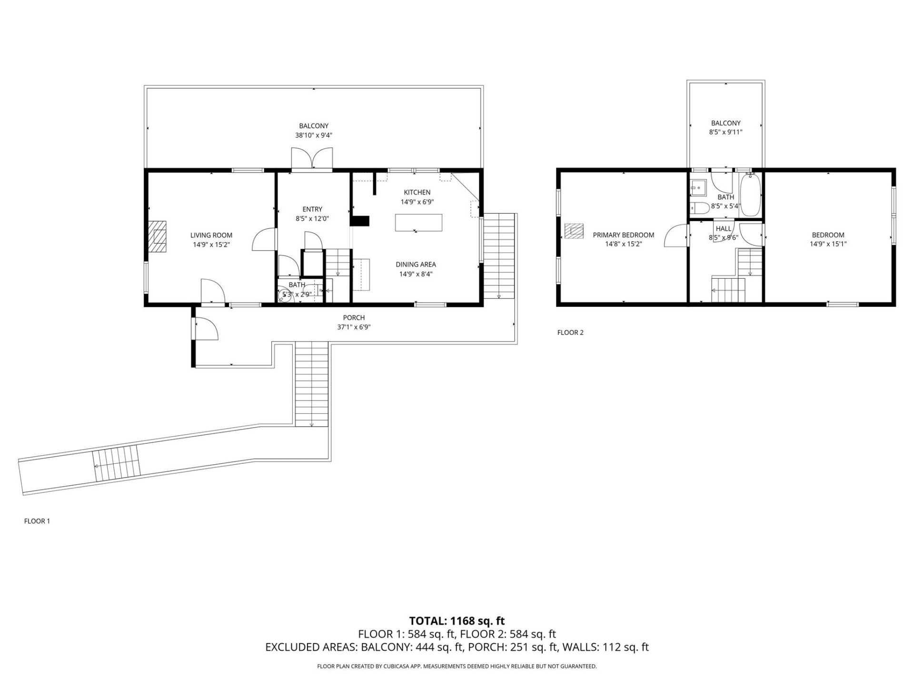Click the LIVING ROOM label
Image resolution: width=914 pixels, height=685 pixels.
pos(211,235)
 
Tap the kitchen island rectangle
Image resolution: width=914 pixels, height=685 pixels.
pos(418,223)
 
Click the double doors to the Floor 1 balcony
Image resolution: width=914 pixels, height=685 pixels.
pos(312,158)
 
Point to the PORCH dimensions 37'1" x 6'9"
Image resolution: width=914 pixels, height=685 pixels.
pos(354,327)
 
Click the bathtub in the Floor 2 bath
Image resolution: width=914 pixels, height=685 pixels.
pos(750,195)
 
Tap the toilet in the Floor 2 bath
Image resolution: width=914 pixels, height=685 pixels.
pos(699,208)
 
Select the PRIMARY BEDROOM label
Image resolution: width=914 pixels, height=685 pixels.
pos(623,235)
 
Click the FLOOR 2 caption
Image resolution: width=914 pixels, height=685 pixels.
pos(570,333)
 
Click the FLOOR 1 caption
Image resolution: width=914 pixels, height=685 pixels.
pos(37,521)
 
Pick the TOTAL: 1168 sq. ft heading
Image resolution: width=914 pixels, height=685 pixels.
pos(457,621)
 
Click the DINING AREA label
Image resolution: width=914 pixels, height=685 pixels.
pos(416,264)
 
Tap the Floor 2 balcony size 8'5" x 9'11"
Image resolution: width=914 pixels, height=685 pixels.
pos(725,132)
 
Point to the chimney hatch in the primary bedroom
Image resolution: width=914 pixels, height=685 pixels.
pos(574,231)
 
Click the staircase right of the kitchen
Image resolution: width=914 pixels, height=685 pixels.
pos(499,255)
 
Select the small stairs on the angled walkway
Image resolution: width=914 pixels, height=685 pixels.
pos(117,463)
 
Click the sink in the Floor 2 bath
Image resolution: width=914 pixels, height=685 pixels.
pos(697,187)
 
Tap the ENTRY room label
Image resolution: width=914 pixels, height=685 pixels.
pos(312,209)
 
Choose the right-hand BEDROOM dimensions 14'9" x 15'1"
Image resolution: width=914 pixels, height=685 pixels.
pos(828,244)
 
